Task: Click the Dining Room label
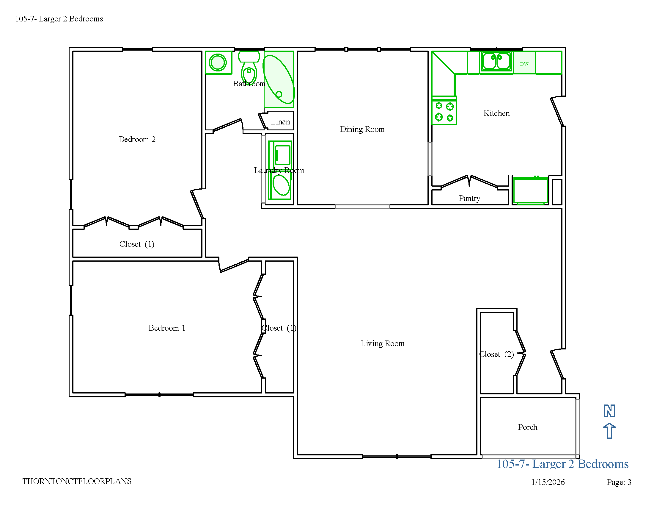tap(362, 129)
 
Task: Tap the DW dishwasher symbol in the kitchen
tap(524, 63)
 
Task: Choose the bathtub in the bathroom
tap(279, 79)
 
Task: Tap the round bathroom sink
tap(218, 63)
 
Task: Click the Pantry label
tap(469, 198)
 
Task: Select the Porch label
tap(528, 427)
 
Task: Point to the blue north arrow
tap(609, 431)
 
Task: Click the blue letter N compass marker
tap(609, 411)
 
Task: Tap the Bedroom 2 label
tap(137, 139)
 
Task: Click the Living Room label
tap(382, 343)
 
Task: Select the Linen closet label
tap(280, 122)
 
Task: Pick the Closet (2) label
tap(496, 354)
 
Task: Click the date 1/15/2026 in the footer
tap(548, 482)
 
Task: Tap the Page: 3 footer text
tap(619, 482)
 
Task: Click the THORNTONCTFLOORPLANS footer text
tap(77, 481)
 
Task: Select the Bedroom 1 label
tap(167, 328)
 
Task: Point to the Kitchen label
tap(496, 113)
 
